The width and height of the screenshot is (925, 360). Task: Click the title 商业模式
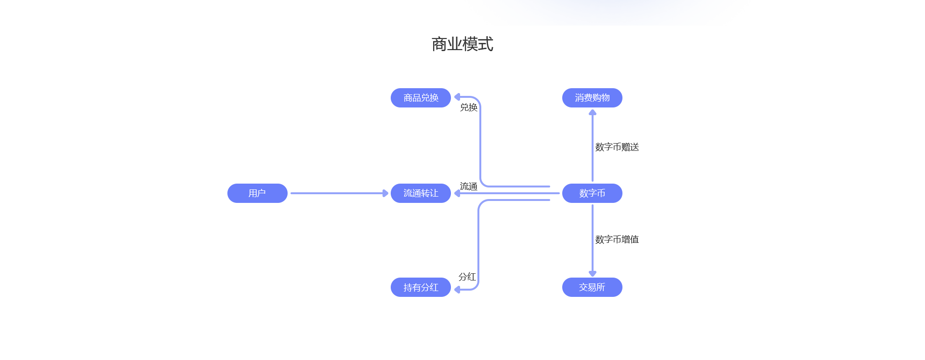462,44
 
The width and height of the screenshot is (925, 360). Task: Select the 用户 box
257,193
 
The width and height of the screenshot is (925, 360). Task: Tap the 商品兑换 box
421,98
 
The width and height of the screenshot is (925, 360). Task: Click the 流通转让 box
421,193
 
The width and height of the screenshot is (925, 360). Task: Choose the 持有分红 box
421,287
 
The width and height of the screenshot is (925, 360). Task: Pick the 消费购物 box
592,98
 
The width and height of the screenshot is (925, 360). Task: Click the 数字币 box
592,193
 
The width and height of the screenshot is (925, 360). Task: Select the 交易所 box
592,287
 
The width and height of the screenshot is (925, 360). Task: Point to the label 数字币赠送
617,147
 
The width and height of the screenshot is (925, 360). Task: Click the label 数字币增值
617,240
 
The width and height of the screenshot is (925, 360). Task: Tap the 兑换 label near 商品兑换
469,107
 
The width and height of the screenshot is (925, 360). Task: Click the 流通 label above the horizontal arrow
469,187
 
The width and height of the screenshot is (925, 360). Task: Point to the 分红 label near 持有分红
467,277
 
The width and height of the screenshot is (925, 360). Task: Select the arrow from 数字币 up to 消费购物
593,145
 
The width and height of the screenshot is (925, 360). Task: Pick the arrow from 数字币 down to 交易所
593,241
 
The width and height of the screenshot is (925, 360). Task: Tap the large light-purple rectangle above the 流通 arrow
515,147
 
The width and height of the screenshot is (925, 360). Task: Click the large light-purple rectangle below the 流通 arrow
514,240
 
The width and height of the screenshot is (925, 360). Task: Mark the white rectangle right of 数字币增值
732,201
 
